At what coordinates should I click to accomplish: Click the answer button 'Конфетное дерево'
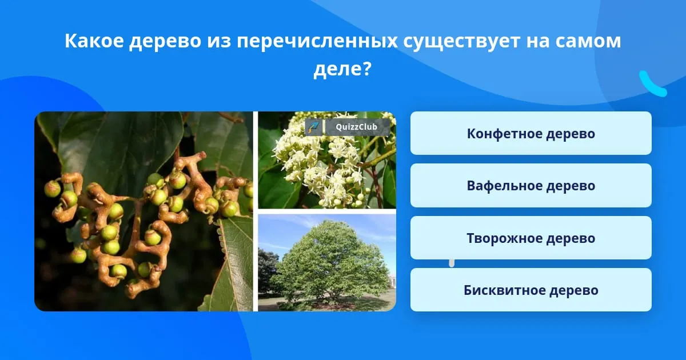pyautogui.click(x=531, y=133)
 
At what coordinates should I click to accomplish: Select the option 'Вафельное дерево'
pyautogui.click(x=531, y=186)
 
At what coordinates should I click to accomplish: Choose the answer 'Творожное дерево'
pyautogui.click(x=531, y=238)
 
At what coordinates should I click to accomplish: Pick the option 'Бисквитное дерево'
pyautogui.click(x=531, y=290)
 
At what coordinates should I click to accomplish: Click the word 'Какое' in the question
pyautogui.click(x=94, y=41)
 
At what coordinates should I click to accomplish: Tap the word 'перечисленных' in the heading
pyautogui.click(x=317, y=41)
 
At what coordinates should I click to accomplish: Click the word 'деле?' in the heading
pyautogui.click(x=342, y=69)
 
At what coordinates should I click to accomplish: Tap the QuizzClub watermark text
pyautogui.click(x=356, y=127)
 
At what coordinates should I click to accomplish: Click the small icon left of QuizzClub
pyautogui.click(x=313, y=127)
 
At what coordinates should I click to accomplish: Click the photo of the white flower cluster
pyautogui.click(x=327, y=160)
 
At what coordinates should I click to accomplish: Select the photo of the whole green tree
pyautogui.click(x=327, y=263)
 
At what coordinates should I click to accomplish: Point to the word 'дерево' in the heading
pyautogui.click(x=165, y=41)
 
